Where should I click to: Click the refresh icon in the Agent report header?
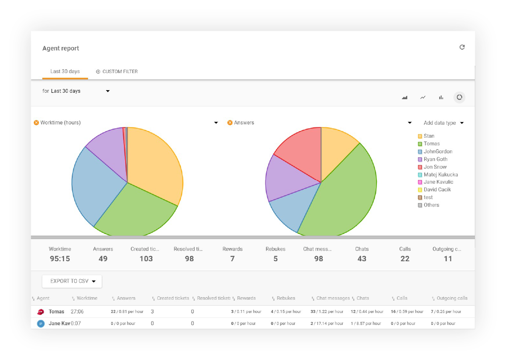(462, 47)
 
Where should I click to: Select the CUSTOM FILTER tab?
(117, 71)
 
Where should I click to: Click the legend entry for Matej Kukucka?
(441, 174)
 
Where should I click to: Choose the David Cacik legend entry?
(437, 189)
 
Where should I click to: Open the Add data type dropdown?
(443, 123)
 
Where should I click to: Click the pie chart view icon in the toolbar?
(459, 97)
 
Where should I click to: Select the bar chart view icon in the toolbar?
(441, 97)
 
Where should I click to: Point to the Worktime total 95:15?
(60, 259)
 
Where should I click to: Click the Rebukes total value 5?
(275, 259)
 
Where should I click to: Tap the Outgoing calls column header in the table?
(452, 298)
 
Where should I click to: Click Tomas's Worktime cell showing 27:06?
(77, 312)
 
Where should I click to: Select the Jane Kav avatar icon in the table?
(41, 324)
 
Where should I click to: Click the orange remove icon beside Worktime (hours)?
(36, 123)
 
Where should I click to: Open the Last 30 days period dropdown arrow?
(108, 91)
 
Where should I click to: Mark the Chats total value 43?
(362, 259)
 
